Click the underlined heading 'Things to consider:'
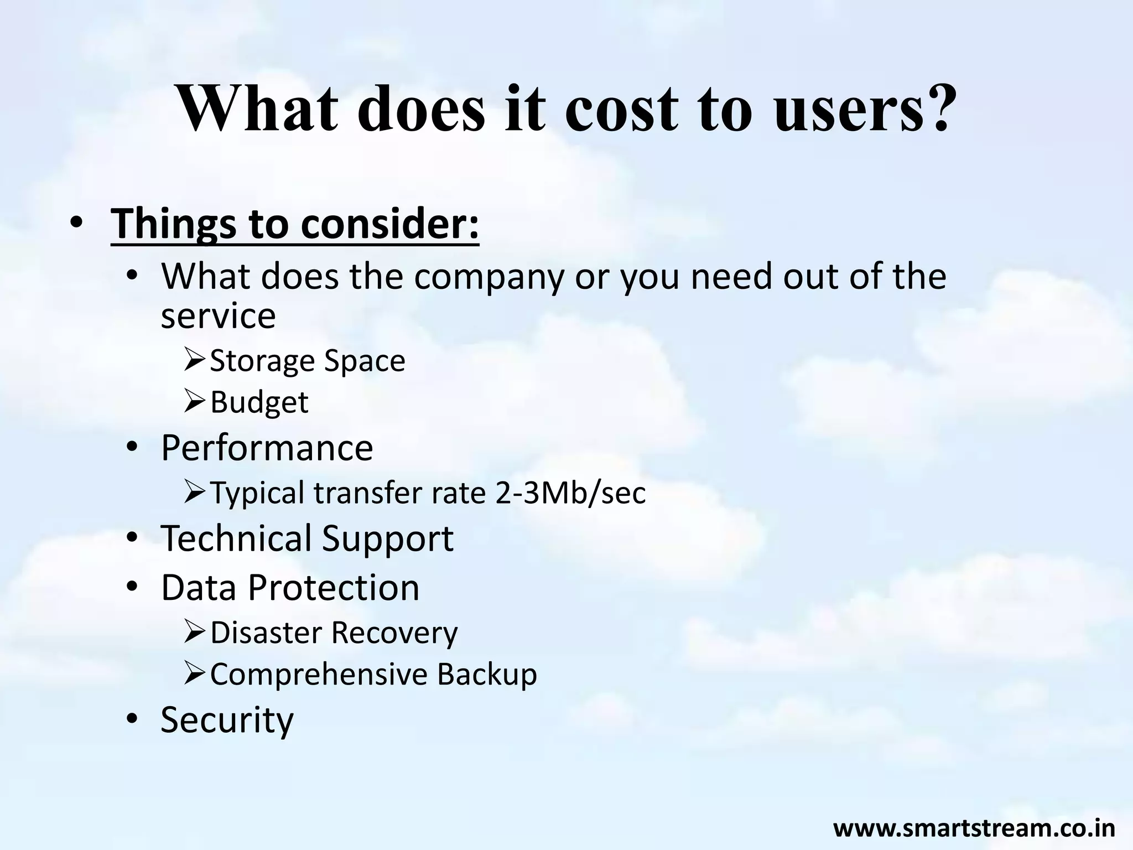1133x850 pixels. click(x=295, y=224)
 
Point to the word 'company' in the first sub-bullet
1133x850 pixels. click(x=488, y=277)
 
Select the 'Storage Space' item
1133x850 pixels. click(x=308, y=361)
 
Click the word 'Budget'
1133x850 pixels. click(x=259, y=402)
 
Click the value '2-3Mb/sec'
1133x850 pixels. click(x=570, y=493)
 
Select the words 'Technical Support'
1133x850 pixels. click(x=307, y=538)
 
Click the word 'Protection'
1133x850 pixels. click(x=334, y=587)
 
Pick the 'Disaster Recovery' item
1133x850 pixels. click(x=334, y=633)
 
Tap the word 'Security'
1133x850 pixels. click(x=227, y=720)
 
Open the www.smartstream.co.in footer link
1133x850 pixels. click(x=974, y=828)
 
